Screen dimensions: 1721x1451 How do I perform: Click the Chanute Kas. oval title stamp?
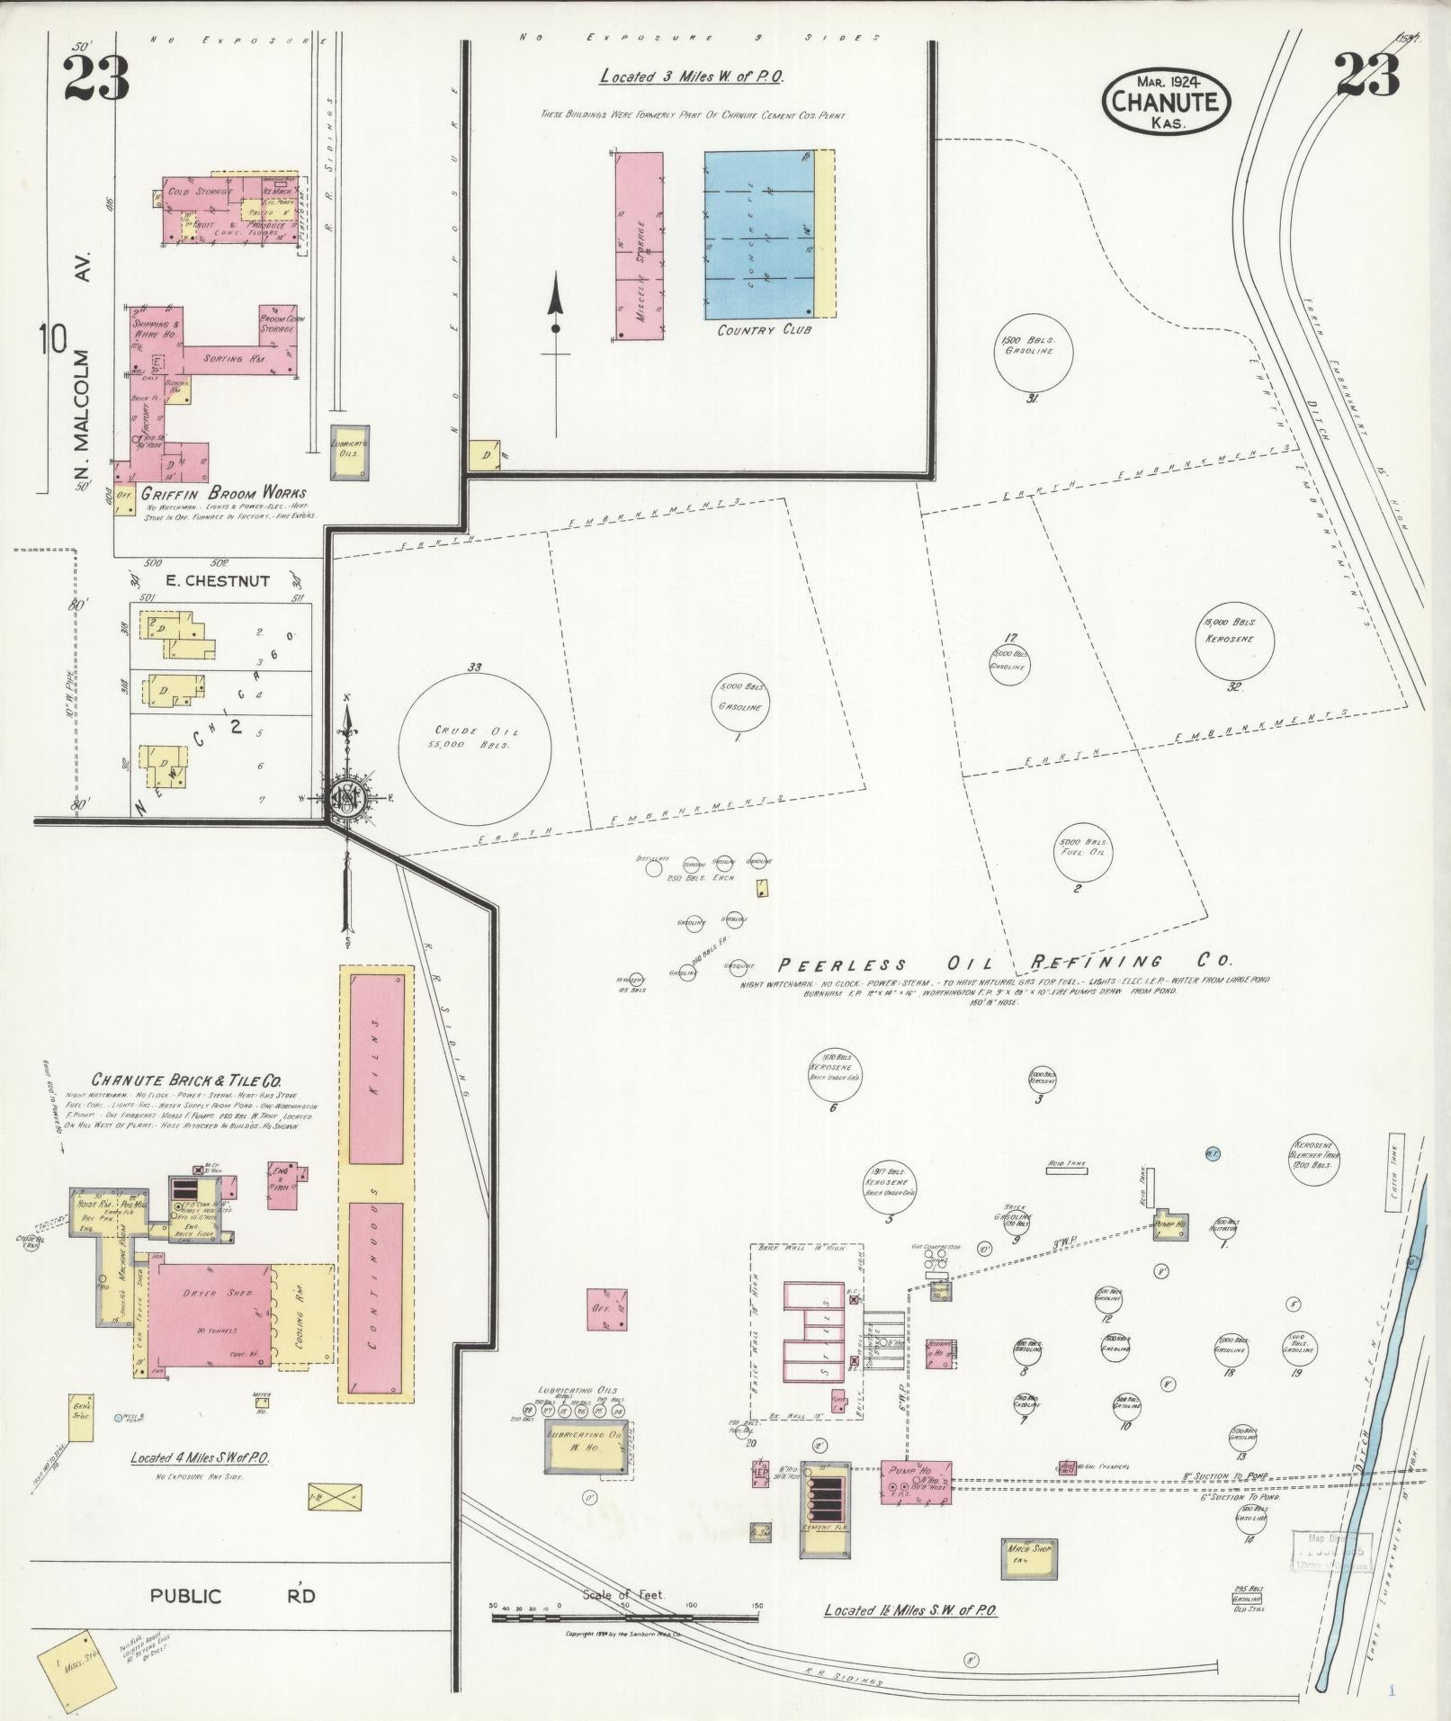[x=1166, y=102]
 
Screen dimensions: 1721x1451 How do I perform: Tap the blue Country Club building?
[x=759, y=235]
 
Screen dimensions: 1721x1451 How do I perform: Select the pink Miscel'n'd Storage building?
[x=640, y=246]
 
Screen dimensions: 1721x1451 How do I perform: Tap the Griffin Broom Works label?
[x=223, y=494]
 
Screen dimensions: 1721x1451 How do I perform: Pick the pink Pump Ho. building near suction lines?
[x=915, y=1482]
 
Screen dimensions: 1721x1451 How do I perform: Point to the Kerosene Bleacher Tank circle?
[x=1314, y=1163]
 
